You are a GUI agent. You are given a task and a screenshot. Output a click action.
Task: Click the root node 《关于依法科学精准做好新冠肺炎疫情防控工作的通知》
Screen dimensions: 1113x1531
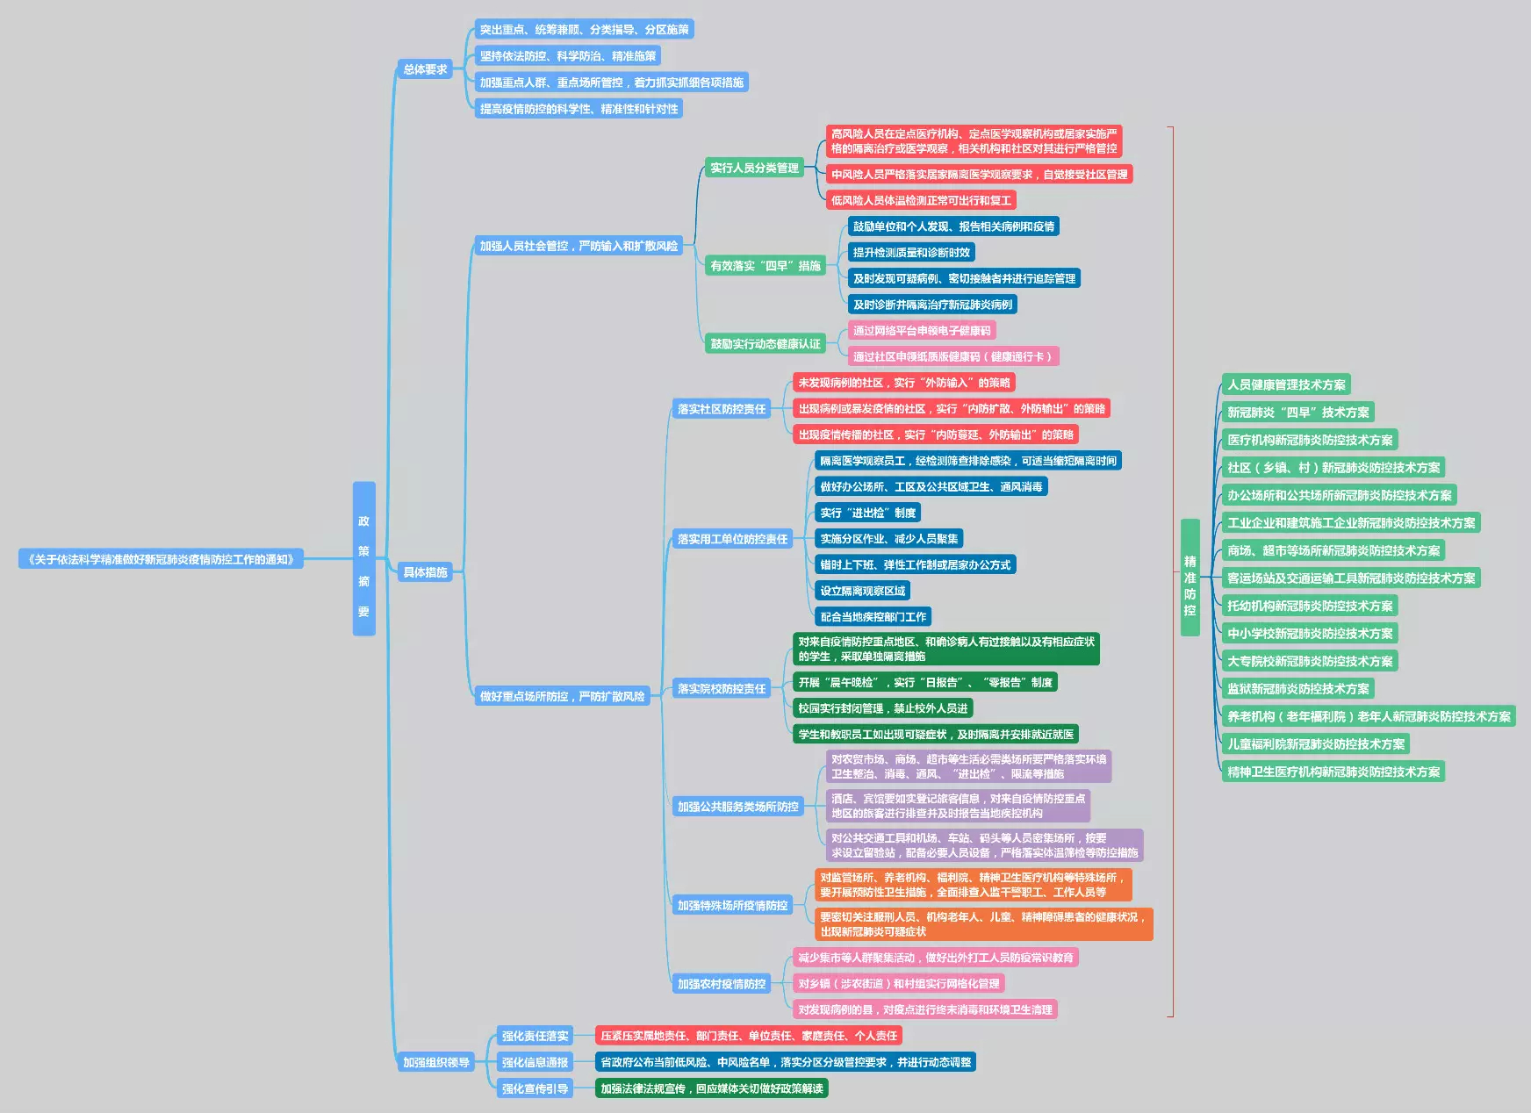point(161,559)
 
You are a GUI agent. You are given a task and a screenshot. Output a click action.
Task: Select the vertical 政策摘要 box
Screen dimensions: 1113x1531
point(363,558)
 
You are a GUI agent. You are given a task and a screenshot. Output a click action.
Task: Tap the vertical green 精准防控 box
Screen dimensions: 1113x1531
point(1190,577)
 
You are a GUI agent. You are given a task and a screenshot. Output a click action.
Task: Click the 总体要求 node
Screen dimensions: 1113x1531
point(425,69)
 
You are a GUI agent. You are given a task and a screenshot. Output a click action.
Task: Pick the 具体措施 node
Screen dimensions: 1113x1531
point(425,572)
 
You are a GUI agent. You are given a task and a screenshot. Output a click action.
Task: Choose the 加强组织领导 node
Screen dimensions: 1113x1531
point(436,1062)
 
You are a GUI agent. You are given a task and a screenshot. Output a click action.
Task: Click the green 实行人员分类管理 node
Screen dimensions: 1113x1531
point(755,168)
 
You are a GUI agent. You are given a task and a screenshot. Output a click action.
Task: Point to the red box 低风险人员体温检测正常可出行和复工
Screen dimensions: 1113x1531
point(921,200)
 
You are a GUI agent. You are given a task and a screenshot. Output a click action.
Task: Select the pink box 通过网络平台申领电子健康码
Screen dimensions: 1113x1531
point(922,331)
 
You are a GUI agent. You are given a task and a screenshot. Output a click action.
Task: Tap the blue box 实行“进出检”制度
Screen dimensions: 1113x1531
point(867,513)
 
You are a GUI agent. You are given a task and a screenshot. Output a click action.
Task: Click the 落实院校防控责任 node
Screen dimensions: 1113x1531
point(722,689)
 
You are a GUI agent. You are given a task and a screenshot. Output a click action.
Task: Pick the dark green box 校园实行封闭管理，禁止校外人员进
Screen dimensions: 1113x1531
point(882,708)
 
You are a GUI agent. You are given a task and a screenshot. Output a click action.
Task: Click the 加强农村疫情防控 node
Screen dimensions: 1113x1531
point(722,984)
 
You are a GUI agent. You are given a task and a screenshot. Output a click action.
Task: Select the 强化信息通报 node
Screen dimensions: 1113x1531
point(535,1062)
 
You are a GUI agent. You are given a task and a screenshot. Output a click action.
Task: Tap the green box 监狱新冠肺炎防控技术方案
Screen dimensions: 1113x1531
point(1297,689)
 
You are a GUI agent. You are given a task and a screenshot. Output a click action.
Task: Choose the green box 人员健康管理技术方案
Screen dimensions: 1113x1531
point(1286,384)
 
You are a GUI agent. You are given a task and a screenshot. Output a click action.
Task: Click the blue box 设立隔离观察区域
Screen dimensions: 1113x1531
point(862,591)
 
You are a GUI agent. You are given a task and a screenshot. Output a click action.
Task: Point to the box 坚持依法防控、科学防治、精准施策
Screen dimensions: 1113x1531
point(567,56)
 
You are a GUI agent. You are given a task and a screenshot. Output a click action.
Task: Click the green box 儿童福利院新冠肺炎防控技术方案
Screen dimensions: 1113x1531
point(1315,744)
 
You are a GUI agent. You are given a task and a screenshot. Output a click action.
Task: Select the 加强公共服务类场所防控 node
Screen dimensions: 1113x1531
point(738,807)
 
